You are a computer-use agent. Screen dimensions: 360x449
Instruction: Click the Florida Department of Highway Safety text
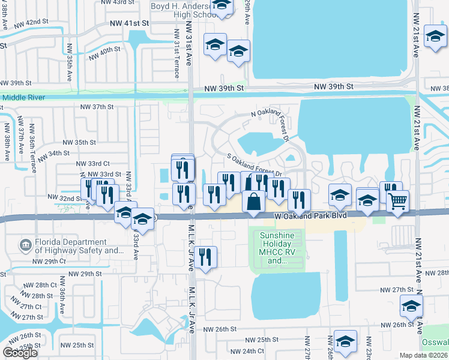pyautogui.click(x=72, y=247)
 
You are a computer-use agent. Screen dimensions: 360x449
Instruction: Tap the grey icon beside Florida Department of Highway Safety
pyautogui.click(x=25, y=245)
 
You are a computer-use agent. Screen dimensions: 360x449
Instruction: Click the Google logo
pyautogui.click(x=20, y=353)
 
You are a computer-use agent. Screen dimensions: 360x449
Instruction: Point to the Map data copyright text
pyautogui.click(x=424, y=355)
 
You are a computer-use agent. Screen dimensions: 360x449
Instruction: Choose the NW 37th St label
pyautogui.click(x=97, y=107)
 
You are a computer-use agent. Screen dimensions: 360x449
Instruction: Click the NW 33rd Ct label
pyautogui.click(x=93, y=163)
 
